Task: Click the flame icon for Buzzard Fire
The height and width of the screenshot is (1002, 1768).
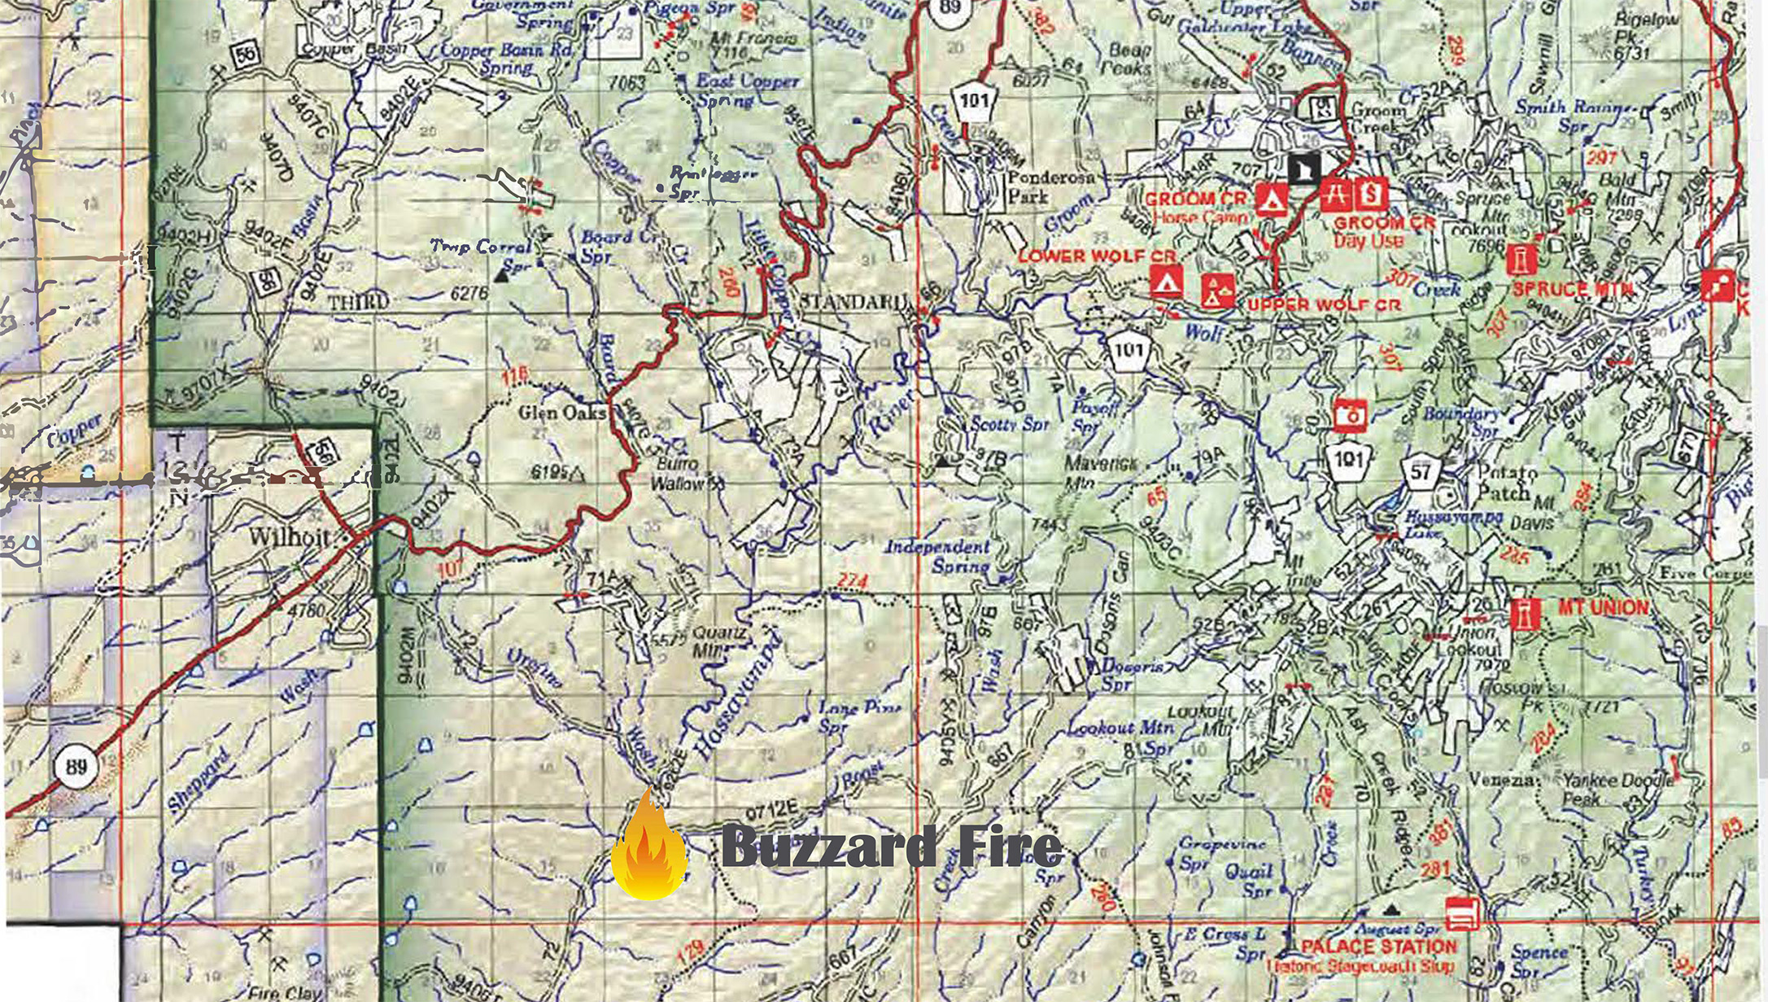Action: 648,851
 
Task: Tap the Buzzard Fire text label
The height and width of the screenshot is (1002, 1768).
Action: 892,847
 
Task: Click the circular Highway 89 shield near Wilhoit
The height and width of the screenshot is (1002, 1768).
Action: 76,766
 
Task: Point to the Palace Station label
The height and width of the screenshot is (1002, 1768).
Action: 1377,947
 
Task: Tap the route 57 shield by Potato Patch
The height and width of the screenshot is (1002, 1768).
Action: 1421,472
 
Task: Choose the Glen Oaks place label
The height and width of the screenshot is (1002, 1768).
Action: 563,413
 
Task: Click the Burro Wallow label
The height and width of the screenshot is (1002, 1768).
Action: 678,474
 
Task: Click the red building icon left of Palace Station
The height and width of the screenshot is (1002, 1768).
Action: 1462,913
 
